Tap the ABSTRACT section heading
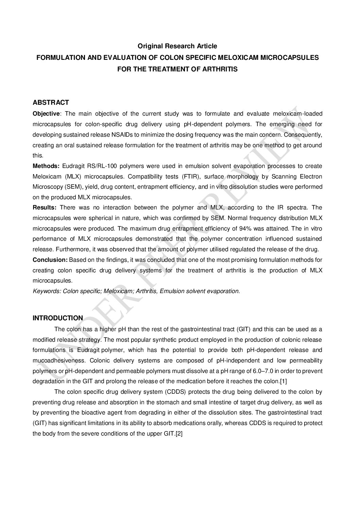tap(51, 102)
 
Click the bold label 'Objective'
tap(46, 114)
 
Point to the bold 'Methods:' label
tap(46, 166)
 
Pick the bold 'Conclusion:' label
tap(50, 260)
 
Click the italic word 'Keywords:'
tap(47, 291)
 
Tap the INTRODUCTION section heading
tap(58, 318)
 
